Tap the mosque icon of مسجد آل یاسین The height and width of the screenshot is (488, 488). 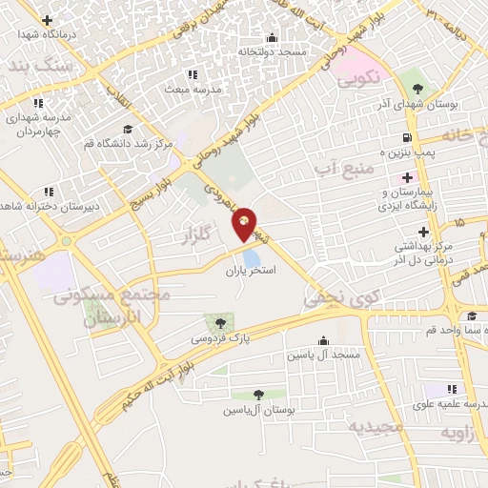pyautogui.click(x=322, y=340)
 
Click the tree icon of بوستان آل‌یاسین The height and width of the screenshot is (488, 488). pyautogui.click(x=259, y=394)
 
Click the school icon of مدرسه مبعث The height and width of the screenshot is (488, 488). pyautogui.click(x=192, y=74)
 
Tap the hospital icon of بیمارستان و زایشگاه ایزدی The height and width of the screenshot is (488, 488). pyautogui.click(x=407, y=177)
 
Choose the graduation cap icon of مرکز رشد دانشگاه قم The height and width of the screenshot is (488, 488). pyautogui.click(x=127, y=130)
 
